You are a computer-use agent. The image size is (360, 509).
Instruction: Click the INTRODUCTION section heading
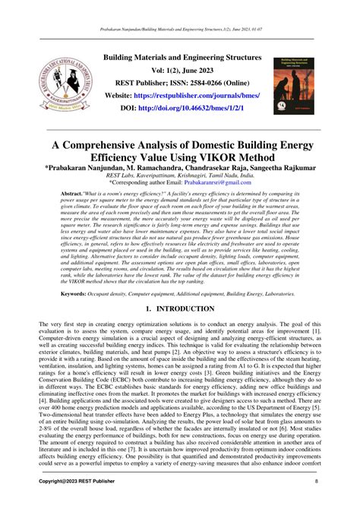(188, 311)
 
